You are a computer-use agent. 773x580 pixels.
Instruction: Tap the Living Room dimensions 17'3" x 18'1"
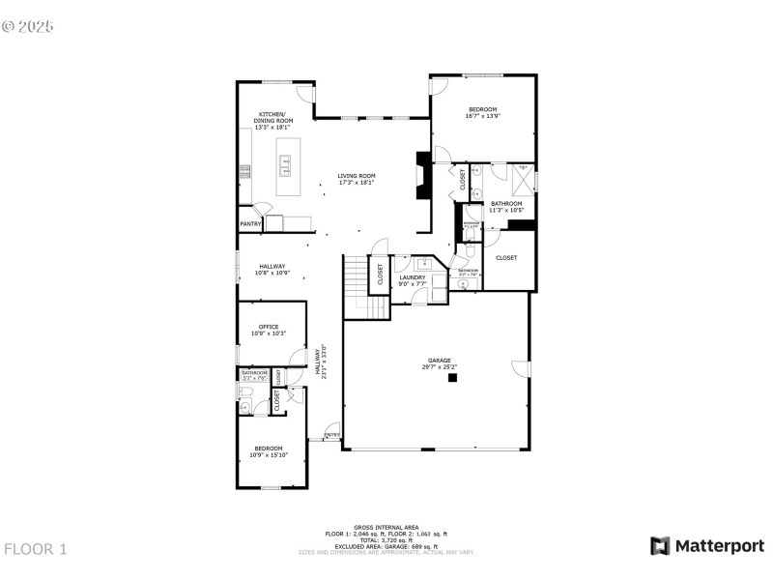[356, 183]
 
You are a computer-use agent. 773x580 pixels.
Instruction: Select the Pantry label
[250, 224]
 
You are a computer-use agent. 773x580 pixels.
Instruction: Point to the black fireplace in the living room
[422, 176]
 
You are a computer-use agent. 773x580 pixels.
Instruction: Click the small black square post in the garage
[451, 379]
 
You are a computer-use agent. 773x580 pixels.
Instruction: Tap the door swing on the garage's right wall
[522, 368]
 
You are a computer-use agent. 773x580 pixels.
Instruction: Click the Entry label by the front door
[331, 435]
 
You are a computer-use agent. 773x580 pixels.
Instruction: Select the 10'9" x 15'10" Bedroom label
[268, 450]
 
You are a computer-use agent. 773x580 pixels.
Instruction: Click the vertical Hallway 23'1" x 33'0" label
[321, 362]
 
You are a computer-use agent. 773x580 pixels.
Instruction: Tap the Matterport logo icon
[660, 546]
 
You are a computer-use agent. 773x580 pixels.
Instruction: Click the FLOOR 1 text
[36, 549]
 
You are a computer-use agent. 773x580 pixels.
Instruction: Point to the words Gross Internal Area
[386, 527]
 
